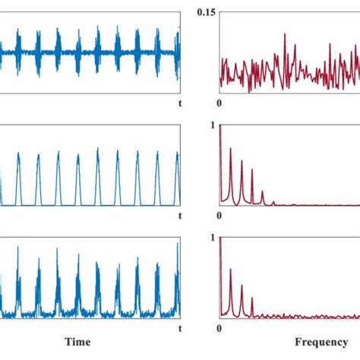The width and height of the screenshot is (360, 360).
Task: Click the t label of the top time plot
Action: tap(179, 102)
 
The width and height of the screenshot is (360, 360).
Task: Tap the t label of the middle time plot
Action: tap(179, 215)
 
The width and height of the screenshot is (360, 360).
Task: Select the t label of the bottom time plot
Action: tap(179, 328)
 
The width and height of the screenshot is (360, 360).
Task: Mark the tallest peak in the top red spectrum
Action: tap(284, 34)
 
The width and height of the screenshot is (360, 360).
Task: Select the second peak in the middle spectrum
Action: tap(231, 148)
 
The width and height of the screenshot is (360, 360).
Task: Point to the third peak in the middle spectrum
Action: tap(242, 161)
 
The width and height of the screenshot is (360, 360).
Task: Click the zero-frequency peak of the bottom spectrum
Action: tap(221, 239)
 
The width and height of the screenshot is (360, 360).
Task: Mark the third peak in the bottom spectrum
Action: tap(242, 286)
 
